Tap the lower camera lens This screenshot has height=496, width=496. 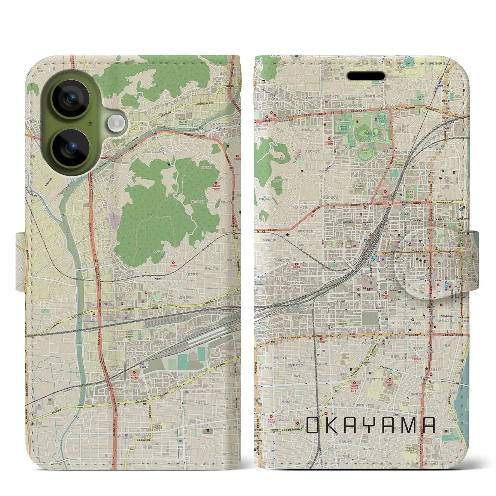pos(71,148)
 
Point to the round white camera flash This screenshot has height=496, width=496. pos(115,124)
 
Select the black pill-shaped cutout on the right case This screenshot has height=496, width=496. pos(365,76)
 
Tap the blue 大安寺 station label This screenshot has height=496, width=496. pos(157,278)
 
